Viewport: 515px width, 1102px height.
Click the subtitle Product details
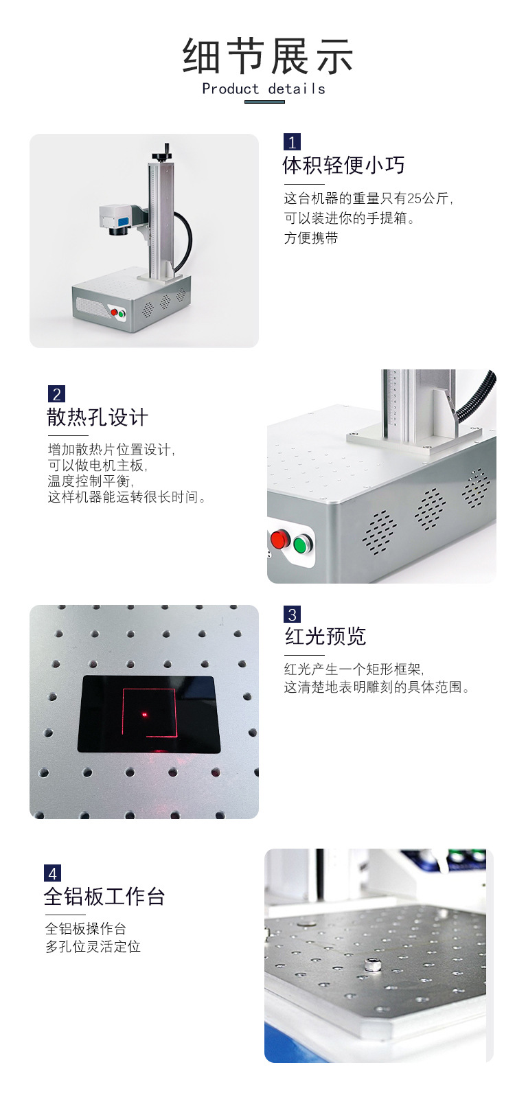pos(264,89)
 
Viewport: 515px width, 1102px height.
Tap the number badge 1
pos(292,142)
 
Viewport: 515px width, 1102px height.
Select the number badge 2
pos(56,394)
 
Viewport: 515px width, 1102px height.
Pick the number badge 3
pos(292,615)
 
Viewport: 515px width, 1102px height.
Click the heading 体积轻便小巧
pos(343,165)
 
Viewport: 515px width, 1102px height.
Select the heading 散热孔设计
pos(98,417)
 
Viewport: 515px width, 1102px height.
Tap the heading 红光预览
pos(325,636)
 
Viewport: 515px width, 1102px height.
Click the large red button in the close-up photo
pos(279,539)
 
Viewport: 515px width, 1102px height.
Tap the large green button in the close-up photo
pos(301,544)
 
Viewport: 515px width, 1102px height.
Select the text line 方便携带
pos(311,238)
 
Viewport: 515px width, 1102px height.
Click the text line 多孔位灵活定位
pos(93,947)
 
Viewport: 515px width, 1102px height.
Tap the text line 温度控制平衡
pos(91,481)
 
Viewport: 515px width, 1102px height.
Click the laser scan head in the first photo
pos(116,220)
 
